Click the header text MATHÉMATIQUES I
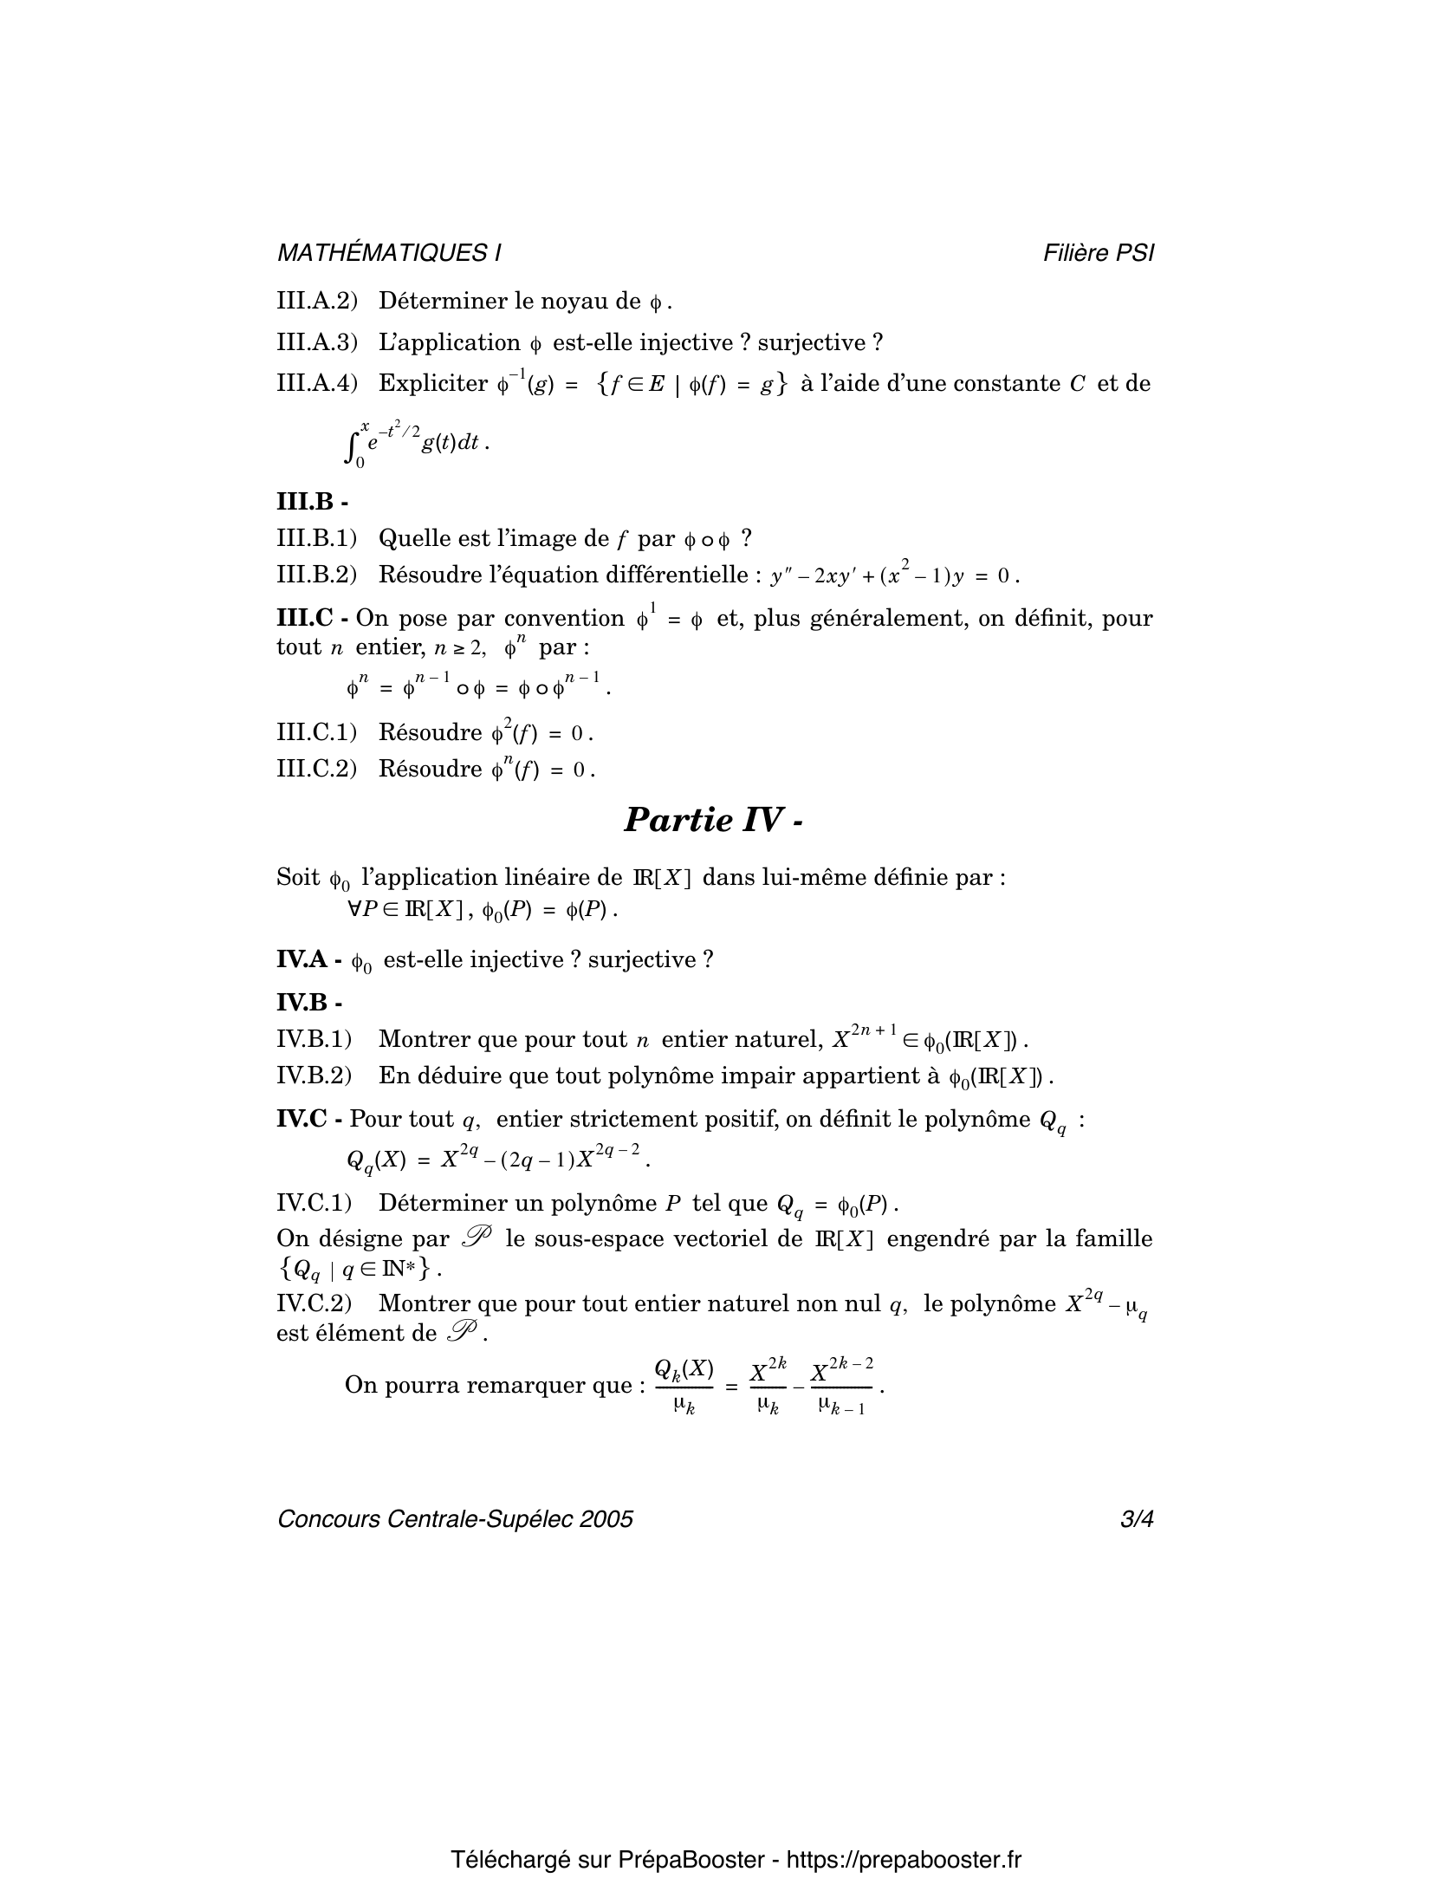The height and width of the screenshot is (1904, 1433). [389, 253]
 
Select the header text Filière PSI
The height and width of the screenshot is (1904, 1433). [1099, 253]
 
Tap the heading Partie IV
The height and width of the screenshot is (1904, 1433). [713, 819]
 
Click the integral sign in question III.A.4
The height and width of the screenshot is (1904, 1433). [352, 445]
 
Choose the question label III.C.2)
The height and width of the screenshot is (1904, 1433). [316, 769]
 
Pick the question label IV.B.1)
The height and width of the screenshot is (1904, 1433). [314, 1038]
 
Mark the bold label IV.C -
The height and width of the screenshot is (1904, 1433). [310, 1119]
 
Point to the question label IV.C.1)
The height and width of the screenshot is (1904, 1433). [314, 1203]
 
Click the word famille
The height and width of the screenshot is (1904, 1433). [1113, 1238]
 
